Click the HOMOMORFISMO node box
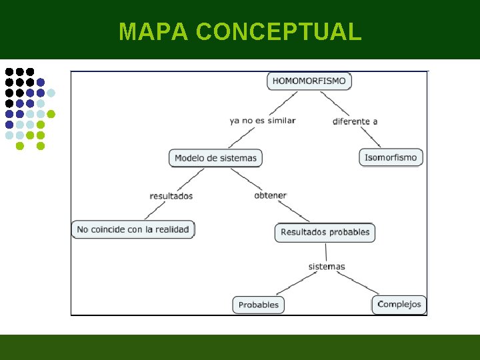click(309, 81)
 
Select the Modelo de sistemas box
click(215, 158)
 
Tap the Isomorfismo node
click(391, 158)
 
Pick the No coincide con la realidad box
click(133, 229)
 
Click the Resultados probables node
click(325, 232)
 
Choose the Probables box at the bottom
click(258, 305)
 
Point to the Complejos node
click(399, 304)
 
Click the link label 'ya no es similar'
click(262, 121)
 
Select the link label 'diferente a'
click(355, 121)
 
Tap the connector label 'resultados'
click(171, 196)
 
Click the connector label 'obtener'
click(270, 195)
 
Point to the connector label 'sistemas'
click(327, 267)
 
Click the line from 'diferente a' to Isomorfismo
click(368, 137)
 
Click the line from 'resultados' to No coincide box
click(155, 210)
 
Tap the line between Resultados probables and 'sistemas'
click(325, 251)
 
